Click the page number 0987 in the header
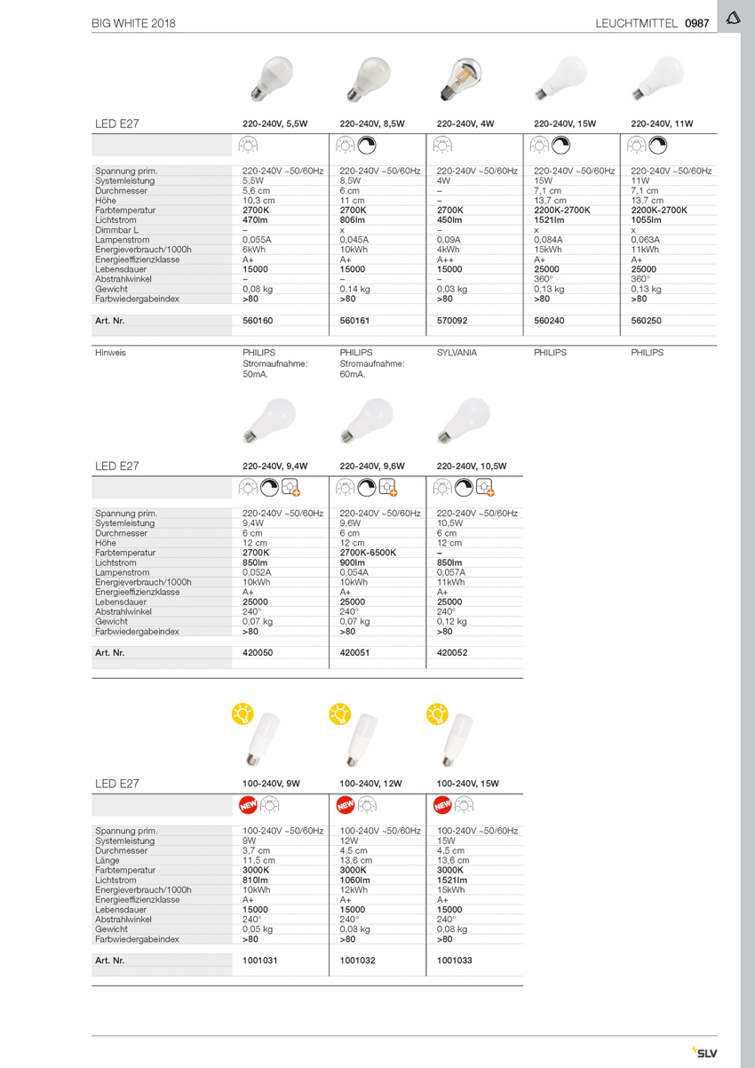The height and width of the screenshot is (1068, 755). (696, 23)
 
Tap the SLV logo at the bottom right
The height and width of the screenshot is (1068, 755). (703, 1053)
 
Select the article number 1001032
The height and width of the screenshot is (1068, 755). (358, 960)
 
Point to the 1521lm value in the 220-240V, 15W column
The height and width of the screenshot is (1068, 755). (550, 220)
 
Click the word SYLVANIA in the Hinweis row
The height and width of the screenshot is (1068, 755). (457, 353)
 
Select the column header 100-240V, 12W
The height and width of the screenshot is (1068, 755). (370, 784)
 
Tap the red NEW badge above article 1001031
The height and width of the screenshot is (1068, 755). (248, 805)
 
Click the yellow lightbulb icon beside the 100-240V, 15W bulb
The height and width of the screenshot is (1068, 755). (437, 713)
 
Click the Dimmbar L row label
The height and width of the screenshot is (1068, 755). (116, 230)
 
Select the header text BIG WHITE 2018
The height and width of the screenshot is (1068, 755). (133, 23)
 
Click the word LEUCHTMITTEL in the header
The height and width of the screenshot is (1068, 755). (636, 23)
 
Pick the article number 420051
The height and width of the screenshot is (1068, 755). (354, 652)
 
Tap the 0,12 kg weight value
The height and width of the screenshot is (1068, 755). (452, 622)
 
